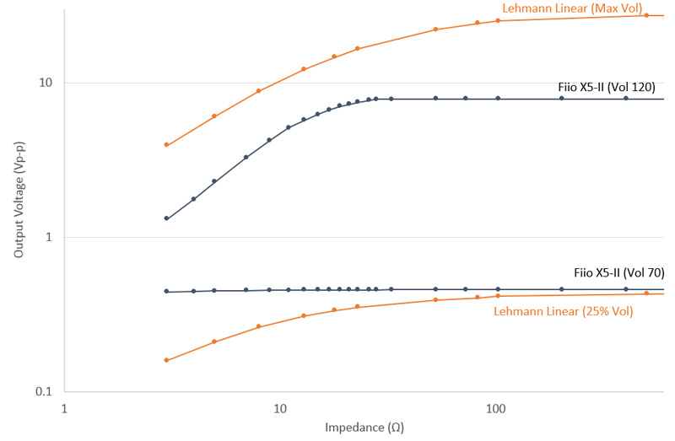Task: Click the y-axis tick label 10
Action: [x=46, y=83]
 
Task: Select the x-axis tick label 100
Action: [x=495, y=408]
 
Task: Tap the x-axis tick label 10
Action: [x=280, y=408]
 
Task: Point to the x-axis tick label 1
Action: [x=64, y=408]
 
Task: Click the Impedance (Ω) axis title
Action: [x=364, y=428]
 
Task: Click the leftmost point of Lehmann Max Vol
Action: [x=166, y=145]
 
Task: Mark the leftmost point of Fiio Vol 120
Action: [x=166, y=218]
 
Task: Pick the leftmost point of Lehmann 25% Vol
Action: [x=166, y=360]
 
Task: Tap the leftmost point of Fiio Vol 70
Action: [x=166, y=292]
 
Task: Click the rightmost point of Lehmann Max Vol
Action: [x=646, y=15]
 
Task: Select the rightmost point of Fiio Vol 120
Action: [x=626, y=99]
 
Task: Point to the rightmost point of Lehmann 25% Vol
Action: [x=646, y=293]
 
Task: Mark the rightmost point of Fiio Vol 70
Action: [x=626, y=289]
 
